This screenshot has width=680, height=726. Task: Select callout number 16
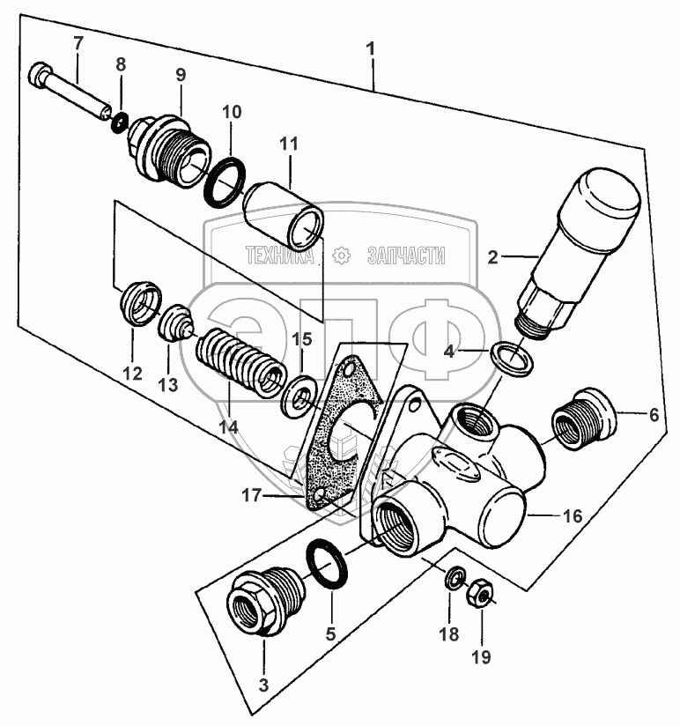click(x=573, y=517)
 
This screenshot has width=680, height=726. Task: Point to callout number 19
click(x=482, y=656)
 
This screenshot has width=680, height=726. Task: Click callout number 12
click(x=132, y=374)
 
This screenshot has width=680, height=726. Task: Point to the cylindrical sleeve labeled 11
click(x=283, y=216)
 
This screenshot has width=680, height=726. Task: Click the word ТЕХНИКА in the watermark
click(x=279, y=256)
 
